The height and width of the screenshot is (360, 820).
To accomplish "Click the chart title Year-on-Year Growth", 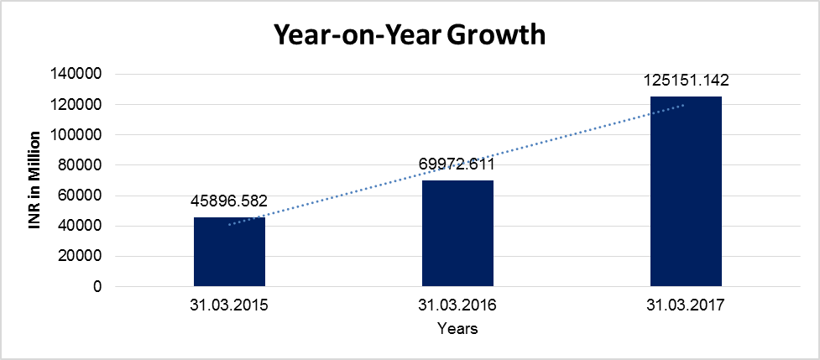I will click(410, 34).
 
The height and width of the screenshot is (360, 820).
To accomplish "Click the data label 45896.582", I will click(229, 202).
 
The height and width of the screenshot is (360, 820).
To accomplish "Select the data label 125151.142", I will click(686, 81).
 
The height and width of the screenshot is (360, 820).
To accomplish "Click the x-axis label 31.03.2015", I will click(229, 306).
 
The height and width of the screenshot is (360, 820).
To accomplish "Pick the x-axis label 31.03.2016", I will click(457, 306).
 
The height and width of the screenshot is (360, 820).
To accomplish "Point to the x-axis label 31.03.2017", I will click(686, 306).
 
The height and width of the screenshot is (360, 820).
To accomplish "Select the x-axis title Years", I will click(457, 329).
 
